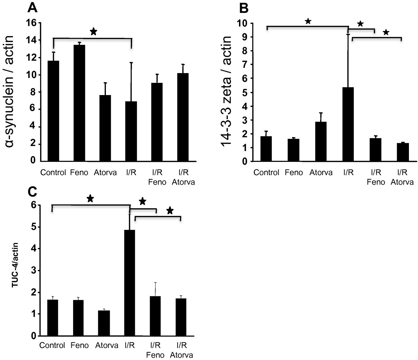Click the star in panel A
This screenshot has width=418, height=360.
[x=93, y=32]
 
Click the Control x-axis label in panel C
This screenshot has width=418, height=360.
[x=52, y=346]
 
